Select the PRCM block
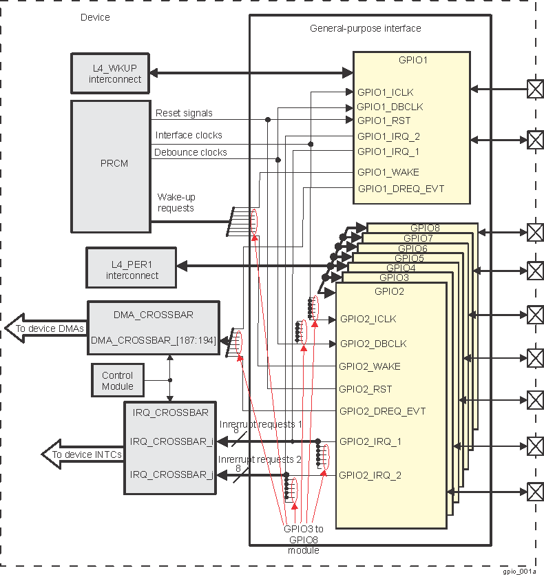pos(111,165)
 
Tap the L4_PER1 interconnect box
pos(132,269)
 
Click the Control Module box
pos(117,381)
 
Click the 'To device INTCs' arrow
pos(83,454)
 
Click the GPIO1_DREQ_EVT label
pos(396,189)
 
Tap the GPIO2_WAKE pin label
pos(369,366)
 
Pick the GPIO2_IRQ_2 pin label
pos(370,475)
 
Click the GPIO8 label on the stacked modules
pos(425,228)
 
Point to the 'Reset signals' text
pos(184,113)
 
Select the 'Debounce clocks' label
pos(191,152)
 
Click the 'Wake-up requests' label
pos(176,202)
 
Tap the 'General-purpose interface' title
pos(365,28)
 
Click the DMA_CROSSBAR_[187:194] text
pos(153,339)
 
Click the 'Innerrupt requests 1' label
pos(260,424)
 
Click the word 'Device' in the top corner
pos(95,17)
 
